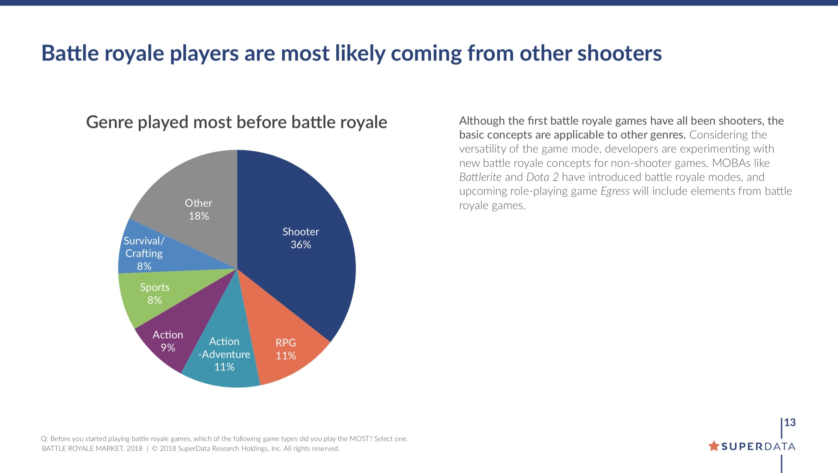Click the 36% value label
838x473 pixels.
301,245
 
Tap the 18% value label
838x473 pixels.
199,216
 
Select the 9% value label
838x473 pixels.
168,348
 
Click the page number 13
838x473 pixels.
790,422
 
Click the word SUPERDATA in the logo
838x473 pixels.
758,446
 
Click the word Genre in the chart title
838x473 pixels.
110,123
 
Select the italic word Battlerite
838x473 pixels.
480,177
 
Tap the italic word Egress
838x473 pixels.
615,191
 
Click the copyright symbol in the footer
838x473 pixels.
155,449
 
